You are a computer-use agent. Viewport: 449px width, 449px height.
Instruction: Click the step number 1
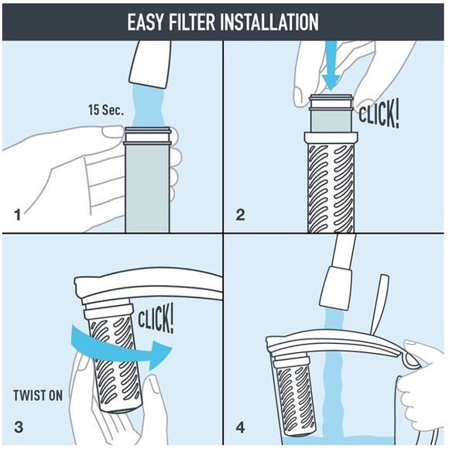pyautogui.click(x=16, y=211)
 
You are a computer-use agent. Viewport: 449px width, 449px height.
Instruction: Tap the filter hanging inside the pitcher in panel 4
pyautogui.click(x=294, y=395)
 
